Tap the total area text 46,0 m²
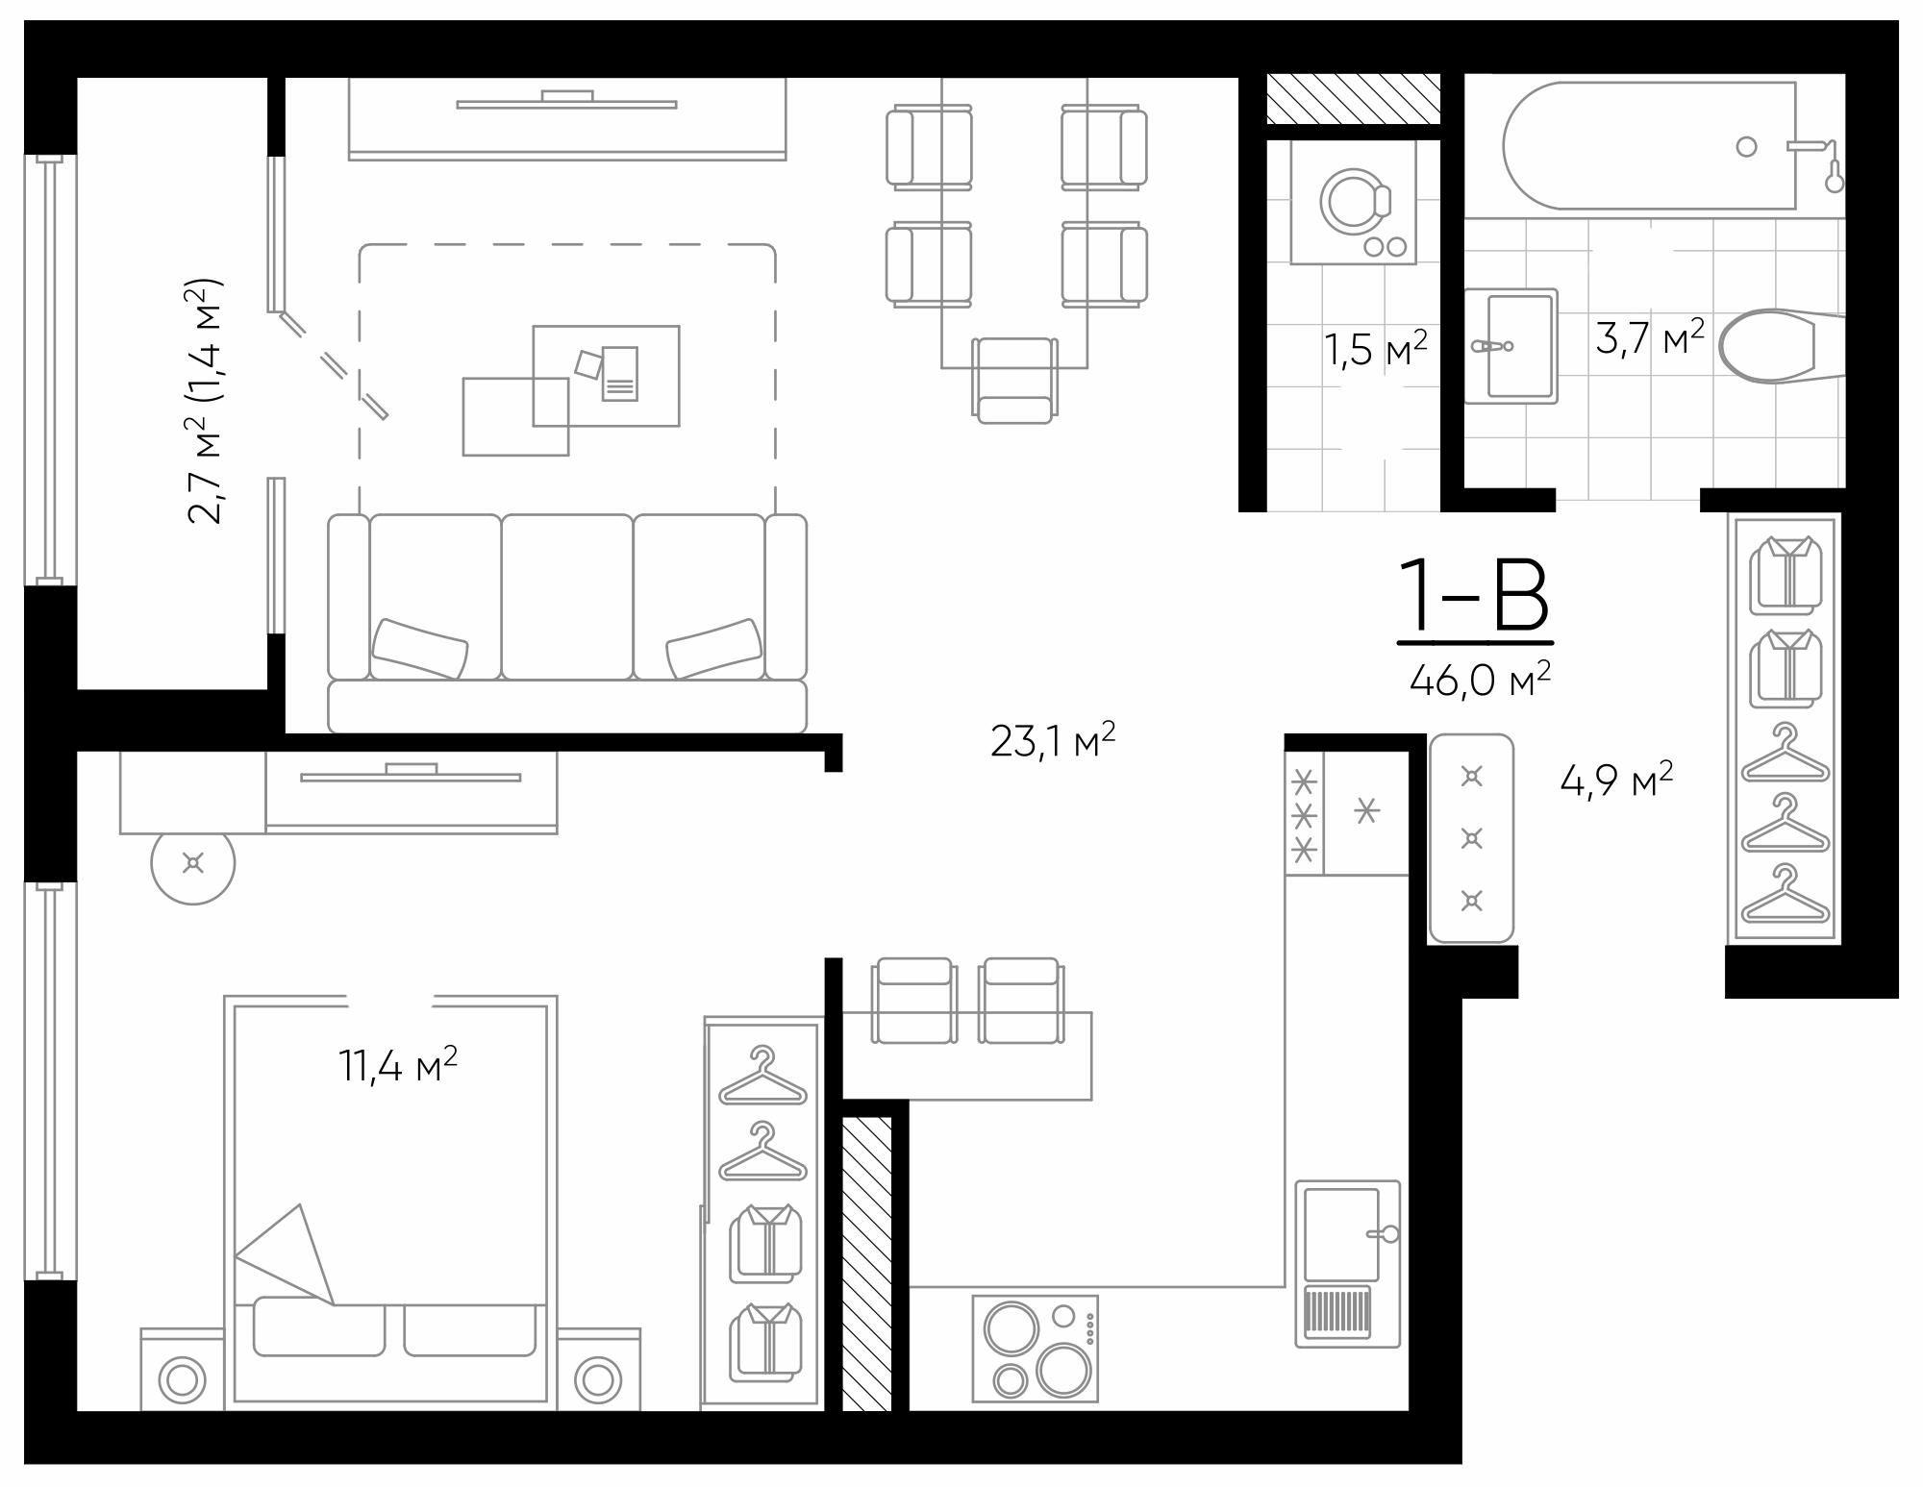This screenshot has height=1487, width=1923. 1480,680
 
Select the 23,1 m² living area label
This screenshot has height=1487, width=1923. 1053,741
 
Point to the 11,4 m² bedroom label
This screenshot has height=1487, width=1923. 397,1065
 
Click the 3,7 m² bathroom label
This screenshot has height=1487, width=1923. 1650,338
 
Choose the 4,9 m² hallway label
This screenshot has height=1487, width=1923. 1616,781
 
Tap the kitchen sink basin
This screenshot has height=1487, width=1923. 1340,1234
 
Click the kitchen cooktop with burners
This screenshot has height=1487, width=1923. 1035,1348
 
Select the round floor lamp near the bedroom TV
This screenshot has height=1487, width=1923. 193,863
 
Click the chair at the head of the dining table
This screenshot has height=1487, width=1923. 1014,381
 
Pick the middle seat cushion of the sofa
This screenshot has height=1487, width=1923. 567,596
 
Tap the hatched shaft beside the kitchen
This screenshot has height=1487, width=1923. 867,1263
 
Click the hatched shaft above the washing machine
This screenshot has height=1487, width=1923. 1353,99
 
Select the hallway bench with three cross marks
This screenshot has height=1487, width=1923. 1471,838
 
